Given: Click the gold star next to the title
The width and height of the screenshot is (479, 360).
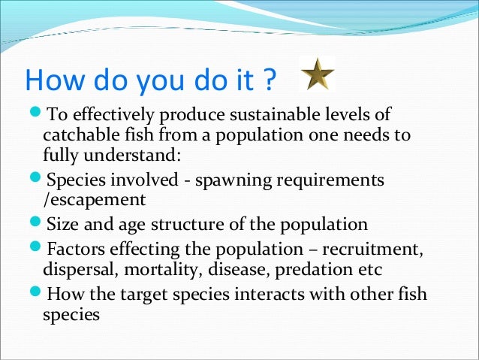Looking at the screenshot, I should pos(317,73).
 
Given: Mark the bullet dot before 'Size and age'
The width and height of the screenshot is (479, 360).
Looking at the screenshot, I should pos(38,224).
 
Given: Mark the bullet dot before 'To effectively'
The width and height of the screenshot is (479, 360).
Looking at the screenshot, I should pos(38,116).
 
